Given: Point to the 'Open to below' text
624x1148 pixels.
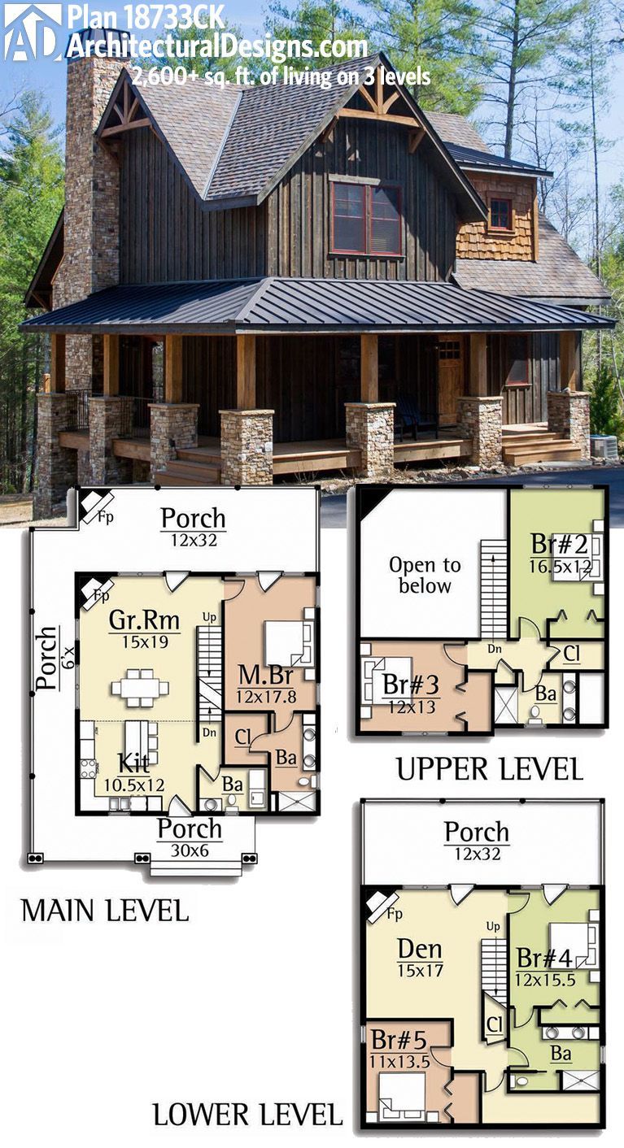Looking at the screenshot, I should click(x=424, y=575).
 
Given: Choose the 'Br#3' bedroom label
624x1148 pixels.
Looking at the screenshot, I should click(x=412, y=684).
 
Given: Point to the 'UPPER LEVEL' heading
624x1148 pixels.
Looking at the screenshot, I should click(x=489, y=768).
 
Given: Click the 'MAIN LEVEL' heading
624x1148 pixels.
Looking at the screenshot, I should click(x=104, y=910).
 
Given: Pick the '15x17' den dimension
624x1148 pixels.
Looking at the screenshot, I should click(x=420, y=970).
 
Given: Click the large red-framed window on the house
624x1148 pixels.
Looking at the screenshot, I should click(x=366, y=218).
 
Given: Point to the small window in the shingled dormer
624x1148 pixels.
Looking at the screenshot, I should click(x=500, y=213).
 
